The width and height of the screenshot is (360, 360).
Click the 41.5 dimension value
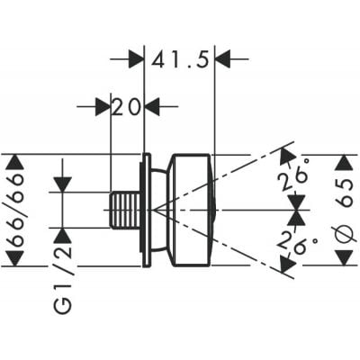click(180, 59)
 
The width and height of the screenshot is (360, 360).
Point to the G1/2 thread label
click(64, 280)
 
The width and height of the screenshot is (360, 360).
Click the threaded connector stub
click(125, 210)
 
